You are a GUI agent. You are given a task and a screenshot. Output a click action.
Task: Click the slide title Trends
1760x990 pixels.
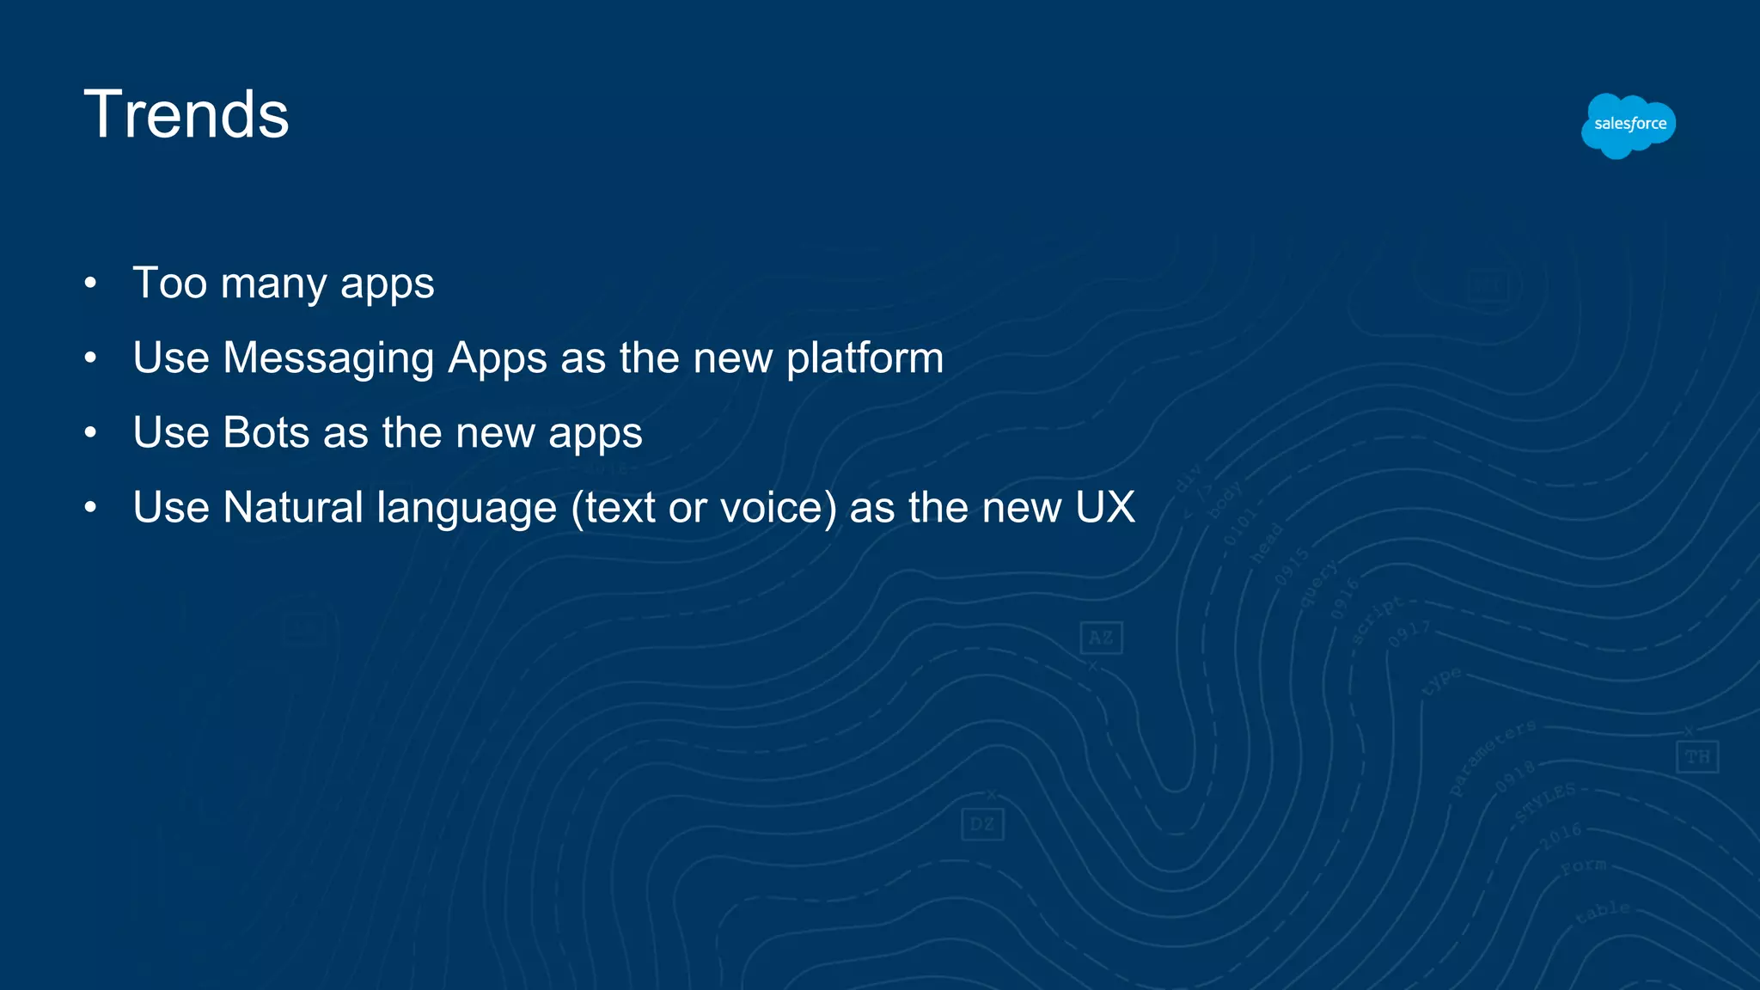(x=186, y=114)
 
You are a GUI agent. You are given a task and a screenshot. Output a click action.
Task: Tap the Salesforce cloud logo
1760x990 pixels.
(x=1629, y=125)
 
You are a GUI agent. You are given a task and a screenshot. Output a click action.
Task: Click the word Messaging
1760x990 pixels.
(x=328, y=359)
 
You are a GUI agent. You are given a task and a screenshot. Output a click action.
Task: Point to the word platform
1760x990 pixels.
(x=865, y=359)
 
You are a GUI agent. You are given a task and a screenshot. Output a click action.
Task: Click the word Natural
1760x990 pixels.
(x=293, y=507)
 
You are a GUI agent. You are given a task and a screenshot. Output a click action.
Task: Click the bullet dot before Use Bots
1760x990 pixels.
(x=90, y=432)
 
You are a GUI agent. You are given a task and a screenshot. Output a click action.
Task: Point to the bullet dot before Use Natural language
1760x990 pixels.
(x=90, y=507)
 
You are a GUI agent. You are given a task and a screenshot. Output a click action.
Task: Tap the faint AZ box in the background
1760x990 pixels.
(x=1101, y=638)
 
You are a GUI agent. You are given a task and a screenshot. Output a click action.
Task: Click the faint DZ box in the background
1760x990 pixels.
(x=982, y=824)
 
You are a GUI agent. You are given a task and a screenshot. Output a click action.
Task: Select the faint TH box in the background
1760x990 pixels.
(x=1697, y=757)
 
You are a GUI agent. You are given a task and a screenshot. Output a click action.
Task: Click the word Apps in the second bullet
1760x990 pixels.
(x=498, y=359)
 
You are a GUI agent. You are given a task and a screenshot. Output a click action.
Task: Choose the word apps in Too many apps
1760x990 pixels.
(x=387, y=284)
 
